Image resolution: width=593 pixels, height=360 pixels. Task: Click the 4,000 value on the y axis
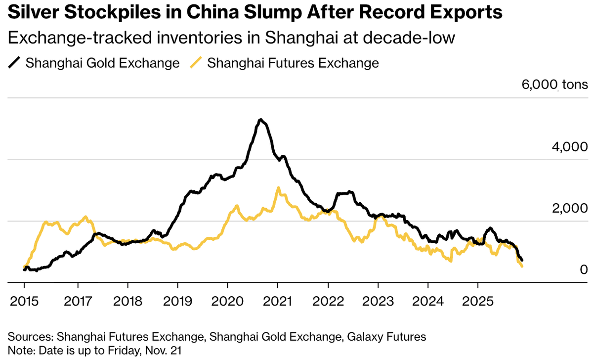tap(569, 147)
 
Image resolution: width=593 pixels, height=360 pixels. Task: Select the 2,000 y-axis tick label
tap(569, 208)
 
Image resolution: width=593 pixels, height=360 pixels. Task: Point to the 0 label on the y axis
tap(583, 270)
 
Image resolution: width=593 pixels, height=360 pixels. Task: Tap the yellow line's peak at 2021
tap(278, 188)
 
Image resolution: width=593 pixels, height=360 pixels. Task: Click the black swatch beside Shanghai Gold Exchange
tap(15, 63)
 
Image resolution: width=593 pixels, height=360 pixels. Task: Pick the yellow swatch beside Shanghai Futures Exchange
tap(197, 63)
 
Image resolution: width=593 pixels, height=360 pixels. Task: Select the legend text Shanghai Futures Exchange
tap(293, 63)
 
